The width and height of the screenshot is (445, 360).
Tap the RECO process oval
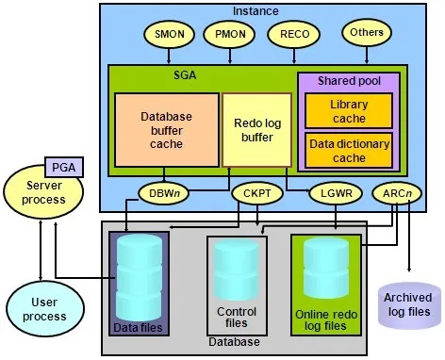coord(288,35)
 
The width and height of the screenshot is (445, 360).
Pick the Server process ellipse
coord(45,193)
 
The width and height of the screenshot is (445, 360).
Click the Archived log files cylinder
coord(407,303)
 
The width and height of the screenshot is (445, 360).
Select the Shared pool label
coord(348,81)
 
